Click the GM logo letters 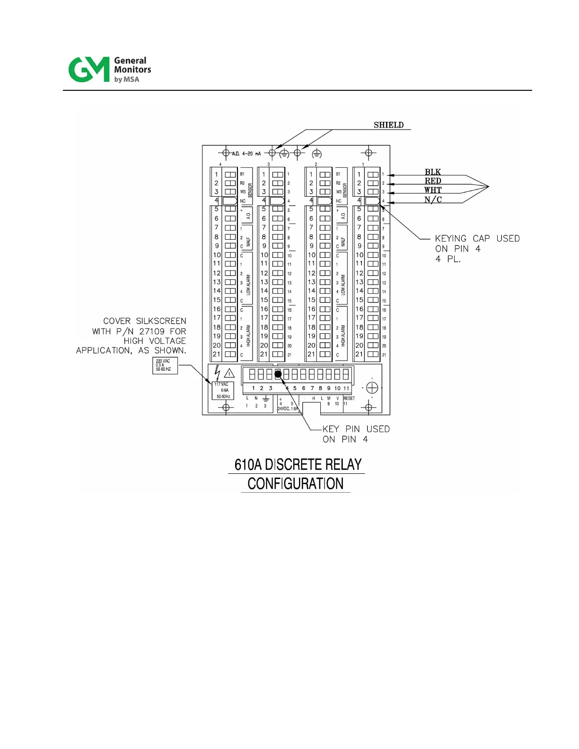pos(89,70)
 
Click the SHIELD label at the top pos(388,125)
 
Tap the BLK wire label pos(432,172)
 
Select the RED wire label pos(432,181)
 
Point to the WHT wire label pos(432,190)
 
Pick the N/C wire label pos(432,200)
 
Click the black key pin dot pos(278,374)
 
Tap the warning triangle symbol pos(229,373)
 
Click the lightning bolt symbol pos(217,372)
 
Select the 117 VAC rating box pos(223,391)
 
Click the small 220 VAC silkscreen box pos(165,366)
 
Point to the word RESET pos(349,398)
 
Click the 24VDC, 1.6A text pos(287,409)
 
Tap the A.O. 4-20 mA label pos(246,154)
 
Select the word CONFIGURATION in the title pos(296,484)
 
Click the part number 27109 pos(152,331)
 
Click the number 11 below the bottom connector pos(346,388)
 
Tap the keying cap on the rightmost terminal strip pos(372,201)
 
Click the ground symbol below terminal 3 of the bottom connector pos(265,399)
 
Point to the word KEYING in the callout pos(450,239)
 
